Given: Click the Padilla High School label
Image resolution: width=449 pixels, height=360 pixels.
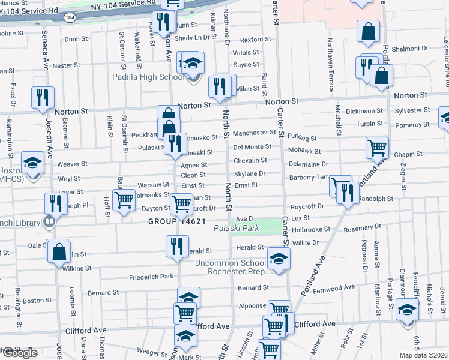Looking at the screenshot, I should click(x=148, y=77).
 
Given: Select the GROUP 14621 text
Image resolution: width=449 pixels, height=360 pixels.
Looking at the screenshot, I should click(x=178, y=221).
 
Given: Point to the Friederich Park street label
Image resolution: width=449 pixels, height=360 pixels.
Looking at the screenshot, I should click(x=154, y=277).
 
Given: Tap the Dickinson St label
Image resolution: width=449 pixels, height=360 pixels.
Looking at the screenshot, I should click(x=364, y=111).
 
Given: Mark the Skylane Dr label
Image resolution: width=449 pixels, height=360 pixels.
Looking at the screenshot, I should click(x=250, y=173).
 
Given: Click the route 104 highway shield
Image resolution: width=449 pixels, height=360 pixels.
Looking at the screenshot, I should click(x=70, y=18).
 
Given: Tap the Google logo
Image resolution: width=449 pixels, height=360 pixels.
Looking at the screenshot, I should click(x=20, y=353).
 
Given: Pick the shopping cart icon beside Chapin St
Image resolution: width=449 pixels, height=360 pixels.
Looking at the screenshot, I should click(x=377, y=148).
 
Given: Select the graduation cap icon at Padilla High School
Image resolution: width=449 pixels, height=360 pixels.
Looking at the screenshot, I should click(x=193, y=62).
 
